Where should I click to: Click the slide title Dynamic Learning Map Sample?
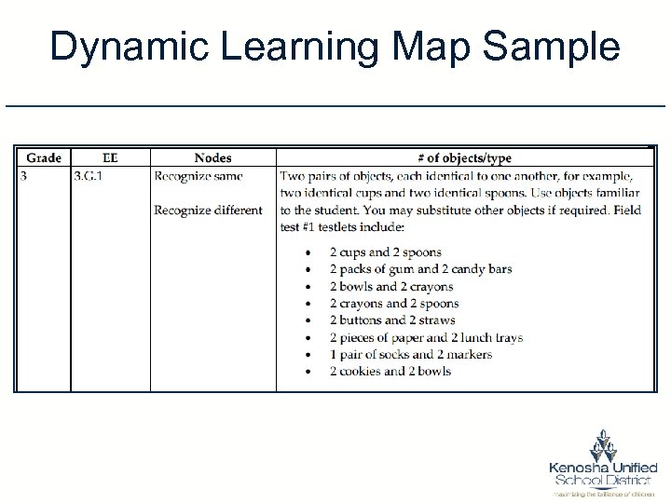click(335, 47)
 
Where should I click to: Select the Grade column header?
click(44, 158)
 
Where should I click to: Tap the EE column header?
click(110, 158)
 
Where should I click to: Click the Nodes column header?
click(212, 158)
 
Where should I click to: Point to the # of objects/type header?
click(465, 158)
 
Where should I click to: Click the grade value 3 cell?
click(24, 176)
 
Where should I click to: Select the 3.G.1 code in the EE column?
click(89, 176)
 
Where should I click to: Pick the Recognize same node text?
click(199, 176)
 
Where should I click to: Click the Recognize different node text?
click(208, 210)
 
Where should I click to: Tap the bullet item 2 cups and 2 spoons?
click(385, 252)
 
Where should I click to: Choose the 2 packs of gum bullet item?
click(420, 269)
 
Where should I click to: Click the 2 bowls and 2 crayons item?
click(390, 287)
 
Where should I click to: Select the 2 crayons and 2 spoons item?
click(393, 304)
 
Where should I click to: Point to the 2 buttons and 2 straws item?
click(391, 320)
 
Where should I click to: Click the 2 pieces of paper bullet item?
click(426, 337)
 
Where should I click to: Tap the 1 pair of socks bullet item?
click(410, 354)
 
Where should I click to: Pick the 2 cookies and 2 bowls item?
click(390, 371)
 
